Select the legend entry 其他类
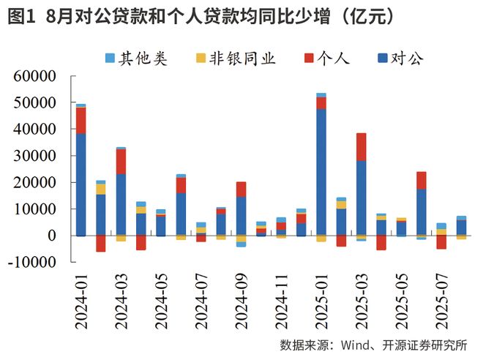(136, 59)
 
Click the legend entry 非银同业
(233, 59)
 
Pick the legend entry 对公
(399, 59)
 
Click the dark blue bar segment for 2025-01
(321, 172)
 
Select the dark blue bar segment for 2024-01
(80, 184)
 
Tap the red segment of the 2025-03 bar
(361, 147)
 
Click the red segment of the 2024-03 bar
(121, 161)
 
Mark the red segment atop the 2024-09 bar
(241, 189)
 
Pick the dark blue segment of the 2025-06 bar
(421, 212)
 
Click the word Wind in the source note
(357, 345)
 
